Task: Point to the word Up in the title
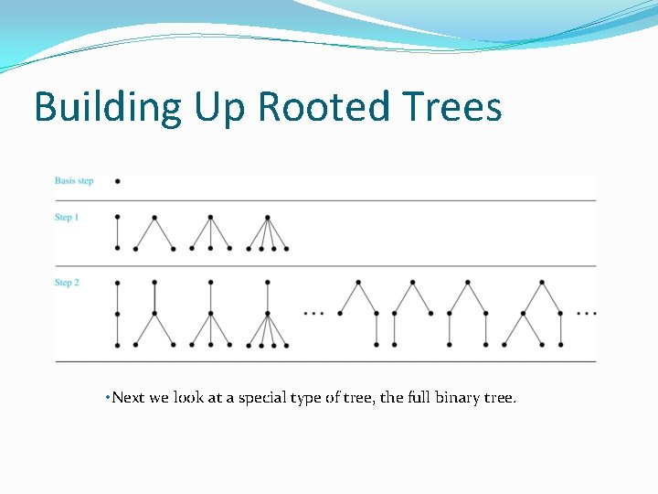click(x=219, y=108)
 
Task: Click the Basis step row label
click(x=74, y=181)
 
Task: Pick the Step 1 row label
click(x=67, y=218)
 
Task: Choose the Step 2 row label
click(x=67, y=283)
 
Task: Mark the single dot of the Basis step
click(x=118, y=181)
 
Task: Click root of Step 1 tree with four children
click(x=268, y=218)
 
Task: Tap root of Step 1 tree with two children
click(x=154, y=218)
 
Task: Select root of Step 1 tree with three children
click(x=211, y=218)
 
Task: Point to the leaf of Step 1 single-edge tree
click(x=118, y=248)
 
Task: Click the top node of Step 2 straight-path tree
click(x=118, y=282)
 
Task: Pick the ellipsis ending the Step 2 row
click(x=587, y=314)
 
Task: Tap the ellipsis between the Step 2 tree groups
click(x=313, y=314)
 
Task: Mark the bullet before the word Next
click(x=108, y=398)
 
